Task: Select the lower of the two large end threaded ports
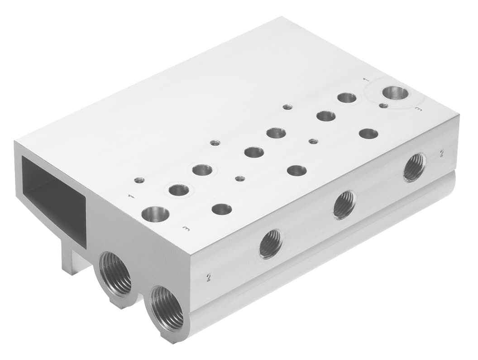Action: tap(167, 309)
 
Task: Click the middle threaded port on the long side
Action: tap(344, 206)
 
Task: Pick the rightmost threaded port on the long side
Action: tap(414, 167)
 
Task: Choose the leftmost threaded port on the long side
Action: tap(271, 244)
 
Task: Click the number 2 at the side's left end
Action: tap(209, 278)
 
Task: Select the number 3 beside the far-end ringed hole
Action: tap(419, 110)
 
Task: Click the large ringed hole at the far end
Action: tap(394, 92)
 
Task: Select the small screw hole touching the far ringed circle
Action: tap(383, 106)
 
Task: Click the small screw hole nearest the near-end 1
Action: tap(139, 180)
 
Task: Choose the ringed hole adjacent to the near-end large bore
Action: tap(179, 190)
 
